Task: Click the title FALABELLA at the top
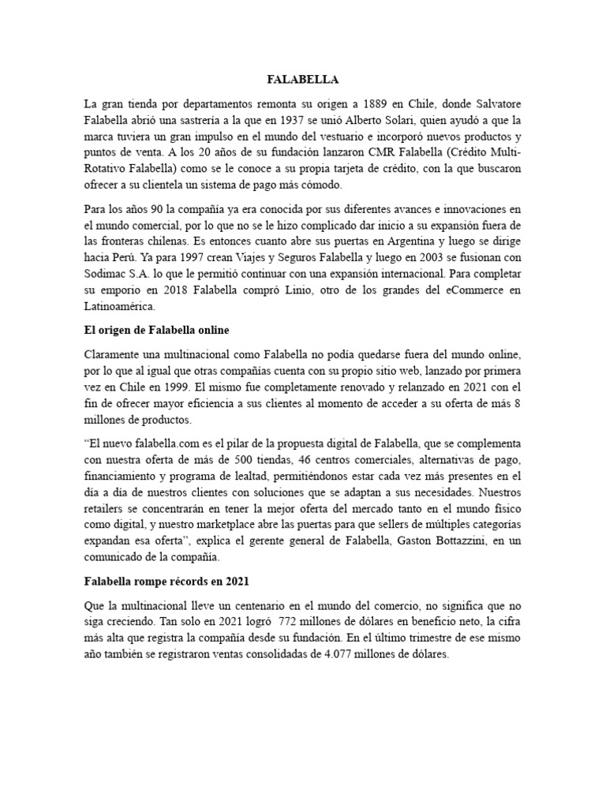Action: pyautogui.click(x=303, y=79)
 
